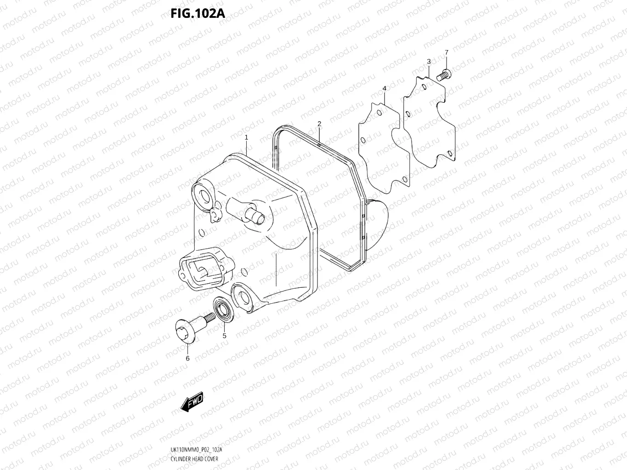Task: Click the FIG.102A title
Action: click(198, 13)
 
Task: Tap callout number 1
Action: click(246, 137)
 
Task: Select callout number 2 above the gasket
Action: click(319, 123)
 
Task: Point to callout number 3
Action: click(429, 62)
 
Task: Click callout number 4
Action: click(384, 88)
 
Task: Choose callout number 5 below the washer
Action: click(224, 336)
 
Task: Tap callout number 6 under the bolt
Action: click(187, 358)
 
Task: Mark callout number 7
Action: click(446, 52)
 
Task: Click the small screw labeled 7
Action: click(444, 75)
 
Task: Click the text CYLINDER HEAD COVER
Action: click(195, 459)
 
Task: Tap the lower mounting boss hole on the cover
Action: click(243, 297)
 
